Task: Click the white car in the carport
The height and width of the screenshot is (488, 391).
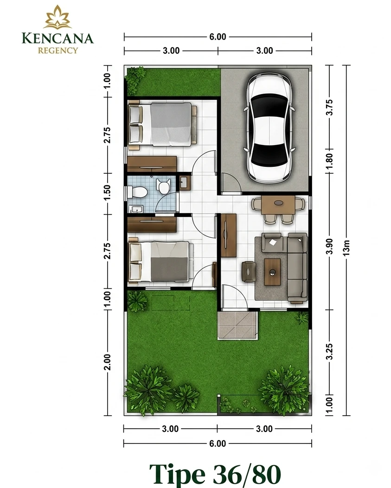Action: tap(269, 128)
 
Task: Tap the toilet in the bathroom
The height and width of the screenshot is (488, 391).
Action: tap(137, 192)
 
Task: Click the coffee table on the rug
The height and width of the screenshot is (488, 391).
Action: tap(272, 272)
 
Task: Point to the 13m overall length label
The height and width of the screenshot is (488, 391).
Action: tap(346, 248)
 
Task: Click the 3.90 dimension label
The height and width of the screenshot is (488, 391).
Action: tap(330, 246)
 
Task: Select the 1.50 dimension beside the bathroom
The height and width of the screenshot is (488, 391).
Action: tap(107, 193)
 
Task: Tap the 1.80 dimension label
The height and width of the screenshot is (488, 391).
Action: tap(330, 161)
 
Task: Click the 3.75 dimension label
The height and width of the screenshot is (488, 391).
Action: tap(330, 108)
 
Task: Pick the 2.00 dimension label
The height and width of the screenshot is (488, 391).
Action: tap(107, 362)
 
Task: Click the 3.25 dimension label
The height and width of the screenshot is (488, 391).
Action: tap(330, 352)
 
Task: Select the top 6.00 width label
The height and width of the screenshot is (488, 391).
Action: tap(218, 37)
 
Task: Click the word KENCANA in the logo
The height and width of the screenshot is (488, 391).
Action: tap(58, 38)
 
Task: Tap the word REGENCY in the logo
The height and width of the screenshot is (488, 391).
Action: tap(58, 50)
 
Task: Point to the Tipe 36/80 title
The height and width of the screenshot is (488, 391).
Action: tap(215, 473)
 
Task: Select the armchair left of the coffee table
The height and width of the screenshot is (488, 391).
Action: tap(249, 272)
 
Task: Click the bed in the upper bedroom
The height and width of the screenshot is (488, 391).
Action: tap(163, 124)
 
